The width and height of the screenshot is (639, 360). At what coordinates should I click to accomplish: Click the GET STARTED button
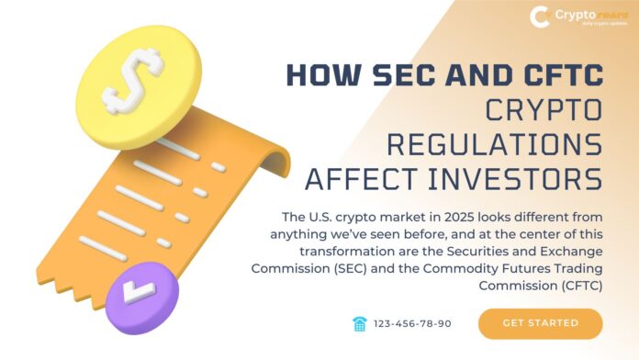click(540, 323)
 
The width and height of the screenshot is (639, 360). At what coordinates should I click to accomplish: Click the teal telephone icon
click(360, 323)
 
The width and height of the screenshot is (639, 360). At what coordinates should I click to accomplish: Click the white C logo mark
click(542, 17)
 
